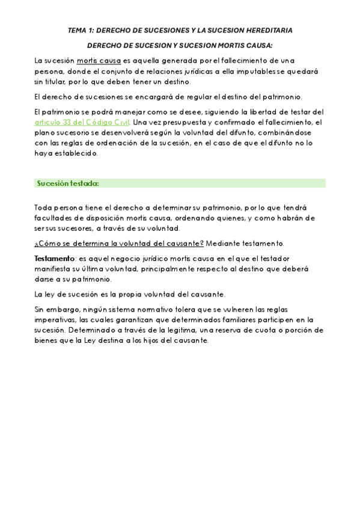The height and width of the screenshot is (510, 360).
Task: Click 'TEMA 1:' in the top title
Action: click(x=81, y=30)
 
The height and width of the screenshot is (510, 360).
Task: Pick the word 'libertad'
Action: click(x=255, y=112)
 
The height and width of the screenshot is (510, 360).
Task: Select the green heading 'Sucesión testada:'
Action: click(x=68, y=183)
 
